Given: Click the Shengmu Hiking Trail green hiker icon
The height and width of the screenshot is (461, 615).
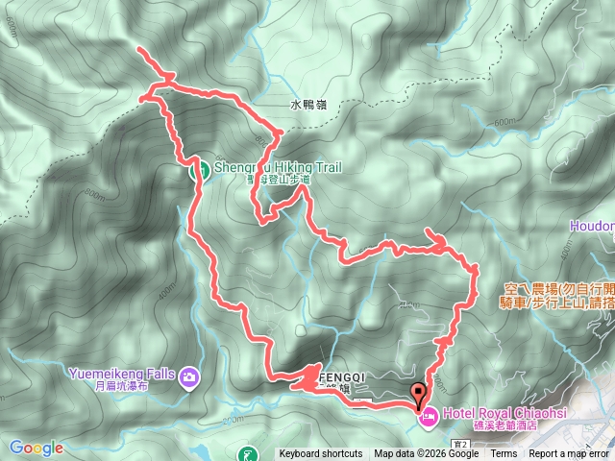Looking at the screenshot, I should [x=204, y=171].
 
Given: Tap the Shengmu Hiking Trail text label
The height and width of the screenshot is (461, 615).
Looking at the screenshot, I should [x=278, y=167].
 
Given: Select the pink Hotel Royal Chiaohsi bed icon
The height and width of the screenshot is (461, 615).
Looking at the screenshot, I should [x=428, y=416].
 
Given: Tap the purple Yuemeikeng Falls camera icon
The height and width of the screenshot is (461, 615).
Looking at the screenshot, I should [x=189, y=376].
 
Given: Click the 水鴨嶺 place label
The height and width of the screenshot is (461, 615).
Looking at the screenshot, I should [x=303, y=105].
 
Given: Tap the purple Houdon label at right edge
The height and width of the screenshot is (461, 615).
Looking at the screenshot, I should [x=593, y=226].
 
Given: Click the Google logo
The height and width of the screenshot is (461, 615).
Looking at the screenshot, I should [x=36, y=448].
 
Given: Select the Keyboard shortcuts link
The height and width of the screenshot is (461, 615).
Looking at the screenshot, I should [x=321, y=454].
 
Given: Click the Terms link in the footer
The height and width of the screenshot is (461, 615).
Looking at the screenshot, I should [x=504, y=454].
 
